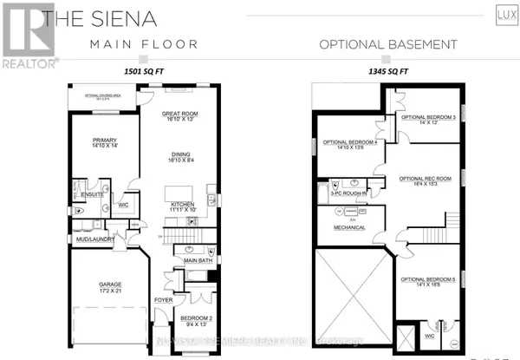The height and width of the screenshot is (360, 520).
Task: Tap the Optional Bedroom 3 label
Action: (421, 120)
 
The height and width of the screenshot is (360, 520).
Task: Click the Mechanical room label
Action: (343, 228)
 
